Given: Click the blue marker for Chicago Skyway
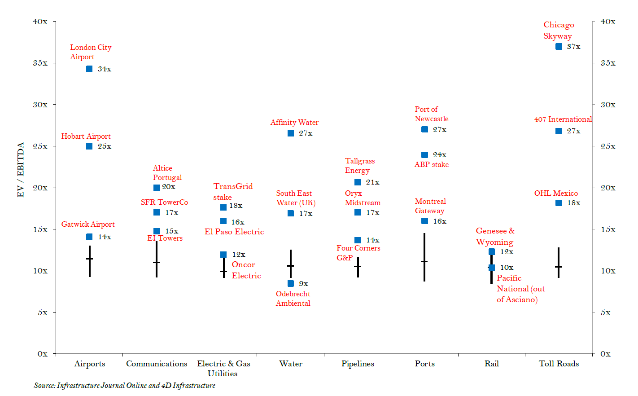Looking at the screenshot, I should [x=559, y=47].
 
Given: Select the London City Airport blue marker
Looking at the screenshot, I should [x=89, y=69].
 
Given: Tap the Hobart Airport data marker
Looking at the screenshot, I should [x=89, y=146].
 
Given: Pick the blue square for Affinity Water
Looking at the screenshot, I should [x=291, y=133].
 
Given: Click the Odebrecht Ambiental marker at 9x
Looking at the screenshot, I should [x=291, y=283].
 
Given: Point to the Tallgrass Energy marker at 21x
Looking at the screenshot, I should [x=358, y=182].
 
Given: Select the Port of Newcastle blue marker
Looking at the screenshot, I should [x=424, y=129].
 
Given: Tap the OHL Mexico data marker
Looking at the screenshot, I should [x=559, y=203].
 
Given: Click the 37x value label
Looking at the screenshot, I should [x=573, y=47].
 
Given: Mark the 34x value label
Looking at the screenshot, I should [x=105, y=69].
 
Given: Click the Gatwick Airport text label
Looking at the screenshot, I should [x=88, y=224].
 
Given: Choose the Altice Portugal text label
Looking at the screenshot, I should [x=167, y=173].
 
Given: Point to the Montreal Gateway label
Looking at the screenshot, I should [x=430, y=206].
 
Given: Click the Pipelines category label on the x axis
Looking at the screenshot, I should [x=358, y=364].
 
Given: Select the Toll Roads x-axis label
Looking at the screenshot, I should [x=559, y=364].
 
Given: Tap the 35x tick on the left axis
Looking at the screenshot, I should [x=40, y=63].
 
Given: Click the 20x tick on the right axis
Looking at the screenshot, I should [x=608, y=188].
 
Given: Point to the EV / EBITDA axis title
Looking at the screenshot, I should [x=21, y=170].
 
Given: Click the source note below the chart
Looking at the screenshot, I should [x=124, y=386].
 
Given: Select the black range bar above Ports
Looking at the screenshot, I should [x=424, y=257].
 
